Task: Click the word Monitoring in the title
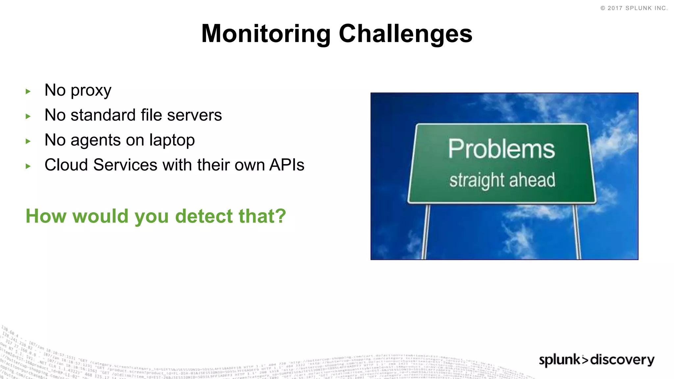point(266,34)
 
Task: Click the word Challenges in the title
point(405,34)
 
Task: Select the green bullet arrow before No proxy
point(28,91)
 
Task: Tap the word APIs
point(287,165)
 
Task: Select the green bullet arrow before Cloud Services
point(28,166)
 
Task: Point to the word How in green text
point(46,216)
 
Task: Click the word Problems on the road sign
point(501,149)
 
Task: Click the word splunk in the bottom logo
point(559,360)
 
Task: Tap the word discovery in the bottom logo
point(622,360)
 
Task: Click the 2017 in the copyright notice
point(615,8)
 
